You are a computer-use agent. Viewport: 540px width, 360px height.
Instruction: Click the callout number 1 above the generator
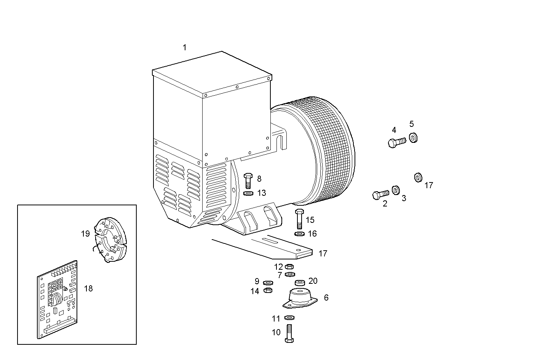click(185, 48)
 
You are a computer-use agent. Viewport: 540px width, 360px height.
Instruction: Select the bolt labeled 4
click(396, 142)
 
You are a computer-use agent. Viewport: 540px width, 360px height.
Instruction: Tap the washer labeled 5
click(413, 137)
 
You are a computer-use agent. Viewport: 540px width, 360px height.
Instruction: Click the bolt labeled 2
click(380, 195)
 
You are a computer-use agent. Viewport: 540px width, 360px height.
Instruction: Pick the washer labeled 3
click(396, 190)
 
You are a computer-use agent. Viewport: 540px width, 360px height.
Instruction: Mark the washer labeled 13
click(248, 194)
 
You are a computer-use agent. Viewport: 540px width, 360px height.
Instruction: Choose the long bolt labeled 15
click(299, 219)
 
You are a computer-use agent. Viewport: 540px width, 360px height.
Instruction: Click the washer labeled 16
click(300, 234)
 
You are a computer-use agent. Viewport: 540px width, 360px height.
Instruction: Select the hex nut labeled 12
click(289, 266)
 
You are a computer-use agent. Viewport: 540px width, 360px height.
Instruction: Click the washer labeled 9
click(268, 282)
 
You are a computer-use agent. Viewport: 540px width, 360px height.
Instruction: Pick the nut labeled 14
click(268, 290)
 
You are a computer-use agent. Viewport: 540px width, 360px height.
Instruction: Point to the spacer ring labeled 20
click(300, 283)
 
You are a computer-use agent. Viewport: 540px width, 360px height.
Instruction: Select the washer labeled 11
click(289, 318)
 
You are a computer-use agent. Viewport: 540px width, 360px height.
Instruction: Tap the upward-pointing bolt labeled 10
click(289, 333)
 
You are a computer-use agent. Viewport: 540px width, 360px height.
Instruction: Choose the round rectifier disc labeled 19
click(109, 240)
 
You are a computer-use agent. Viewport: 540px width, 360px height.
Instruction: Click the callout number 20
click(313, 281)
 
